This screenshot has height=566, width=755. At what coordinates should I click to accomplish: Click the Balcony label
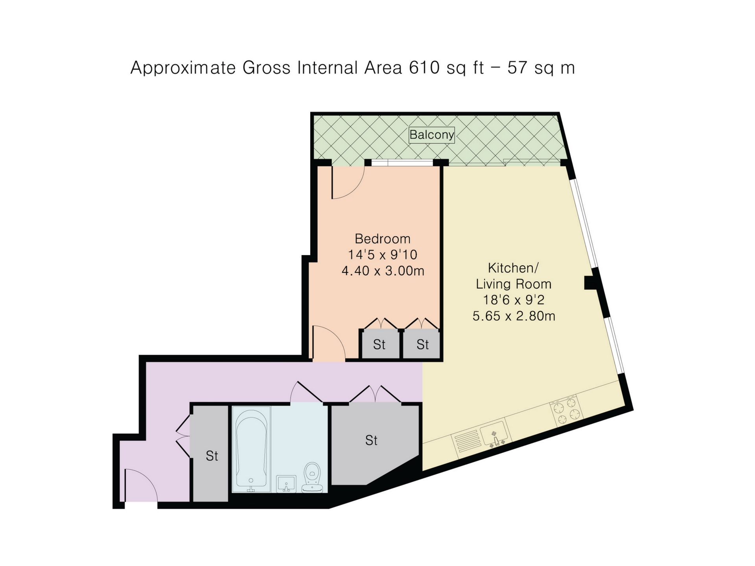[431, 135]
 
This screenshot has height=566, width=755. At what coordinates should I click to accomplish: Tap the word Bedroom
[383, 239]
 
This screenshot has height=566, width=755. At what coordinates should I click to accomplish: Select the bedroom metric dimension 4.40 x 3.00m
[383, 271]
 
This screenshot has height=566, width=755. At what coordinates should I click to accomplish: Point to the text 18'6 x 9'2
[514, 300]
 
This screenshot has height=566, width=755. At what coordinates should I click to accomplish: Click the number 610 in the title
[424, 68]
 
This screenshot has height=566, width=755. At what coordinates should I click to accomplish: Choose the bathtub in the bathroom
[251, 449]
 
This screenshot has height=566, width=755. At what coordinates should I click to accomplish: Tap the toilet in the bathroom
[313, 477]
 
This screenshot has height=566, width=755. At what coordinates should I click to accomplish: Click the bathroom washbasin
[286, 484]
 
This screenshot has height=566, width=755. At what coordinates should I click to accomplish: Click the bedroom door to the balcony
[348, 182]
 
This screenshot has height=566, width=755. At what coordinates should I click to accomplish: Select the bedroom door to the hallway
[329, 342]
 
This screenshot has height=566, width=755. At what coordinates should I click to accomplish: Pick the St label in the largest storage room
[371, 440]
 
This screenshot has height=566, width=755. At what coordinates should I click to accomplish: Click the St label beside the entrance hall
[212, 456]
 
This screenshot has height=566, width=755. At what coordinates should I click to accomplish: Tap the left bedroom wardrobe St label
[379, 344]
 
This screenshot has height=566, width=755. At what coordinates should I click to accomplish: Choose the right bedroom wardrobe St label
[423, 344]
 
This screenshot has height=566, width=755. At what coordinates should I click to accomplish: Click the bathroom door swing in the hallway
[307, 392]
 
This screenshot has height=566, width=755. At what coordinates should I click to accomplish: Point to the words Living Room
[514, 284]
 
